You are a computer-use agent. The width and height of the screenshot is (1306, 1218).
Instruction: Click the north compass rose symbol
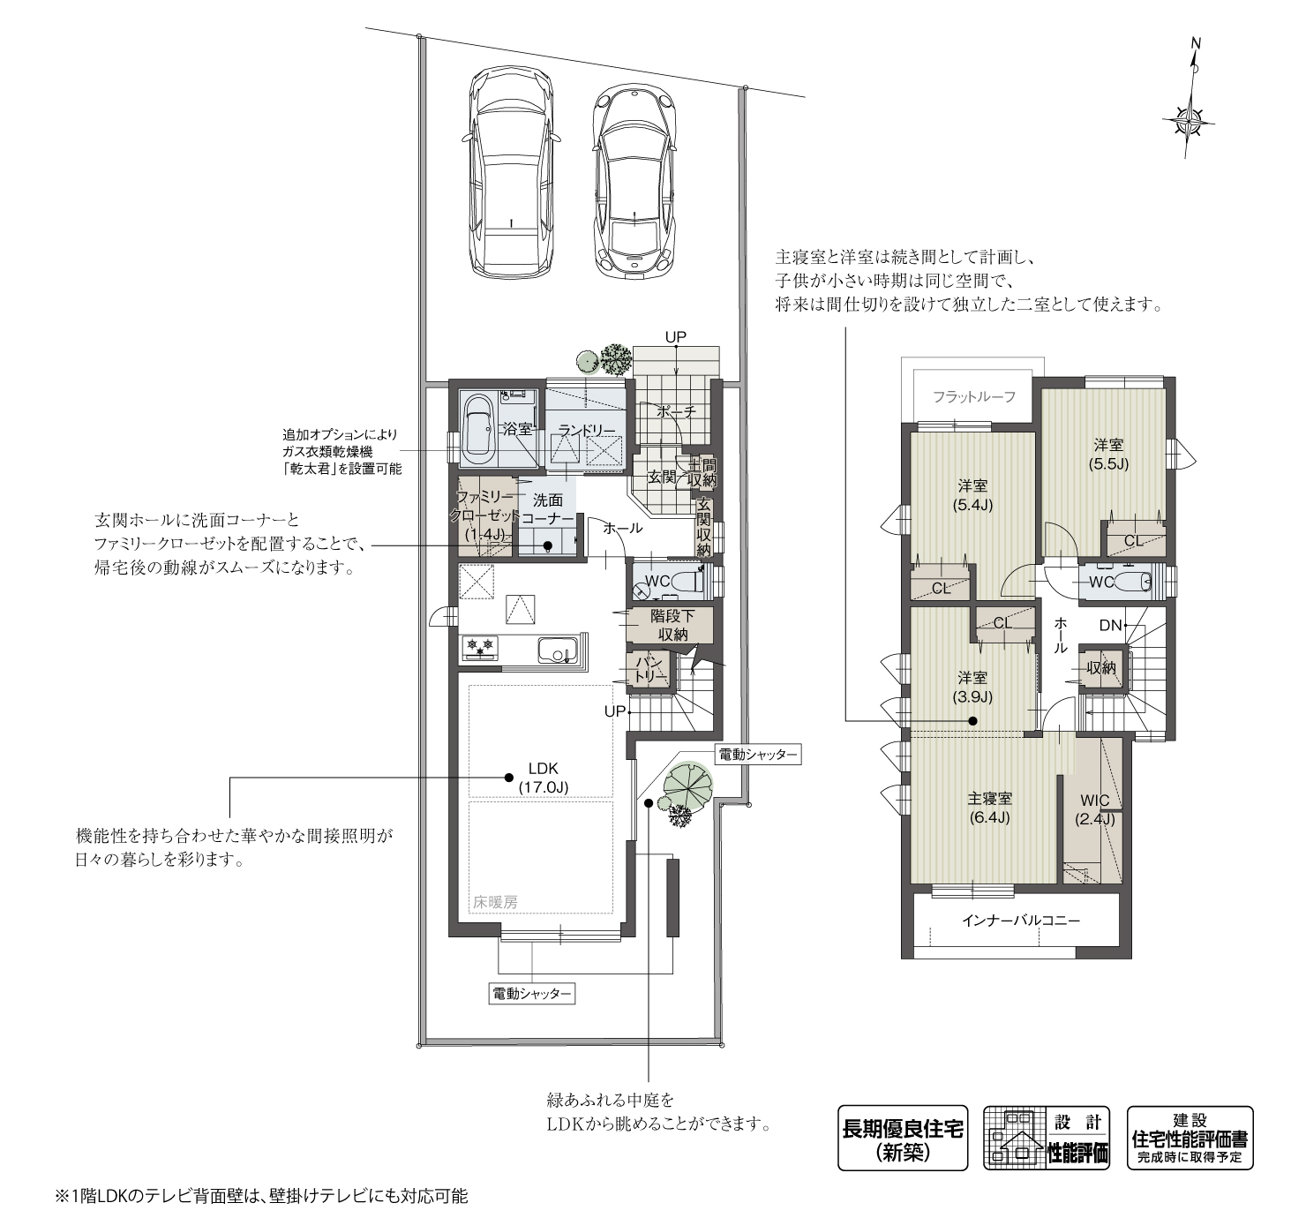[x=1194, y=120]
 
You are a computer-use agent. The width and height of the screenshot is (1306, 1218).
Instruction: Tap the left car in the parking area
[x=511, y=174]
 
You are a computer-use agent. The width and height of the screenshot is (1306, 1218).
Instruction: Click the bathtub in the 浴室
[x=479, y=430]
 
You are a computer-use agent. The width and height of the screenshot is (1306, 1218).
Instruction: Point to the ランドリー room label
[x=586, y=430]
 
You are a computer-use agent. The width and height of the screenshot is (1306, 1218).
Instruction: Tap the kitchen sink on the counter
[x=558, y=650]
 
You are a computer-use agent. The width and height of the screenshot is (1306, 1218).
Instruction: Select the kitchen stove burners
[x=482, y=647]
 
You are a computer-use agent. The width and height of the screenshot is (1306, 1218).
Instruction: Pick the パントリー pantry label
[x=650, y=669]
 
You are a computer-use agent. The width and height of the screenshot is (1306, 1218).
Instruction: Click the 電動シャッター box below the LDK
[x=530, y=994]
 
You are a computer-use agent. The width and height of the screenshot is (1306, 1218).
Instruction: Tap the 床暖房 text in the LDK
[x=494, y=902]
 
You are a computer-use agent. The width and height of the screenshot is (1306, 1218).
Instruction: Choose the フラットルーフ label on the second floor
[x=974, y=397]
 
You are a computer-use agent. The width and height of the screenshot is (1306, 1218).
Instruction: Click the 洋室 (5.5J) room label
[x=1109, y=455]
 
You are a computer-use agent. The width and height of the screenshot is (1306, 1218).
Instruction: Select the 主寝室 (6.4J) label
[x=989, y=808]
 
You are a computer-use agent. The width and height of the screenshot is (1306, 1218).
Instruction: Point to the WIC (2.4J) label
[x=1094, y=809]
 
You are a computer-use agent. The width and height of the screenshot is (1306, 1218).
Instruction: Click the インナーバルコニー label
[x=1020, y=921]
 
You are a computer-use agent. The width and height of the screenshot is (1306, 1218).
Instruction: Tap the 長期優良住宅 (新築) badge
[x=902, y=1138]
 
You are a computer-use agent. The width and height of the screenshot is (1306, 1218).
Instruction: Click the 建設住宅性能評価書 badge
[x=1190, y=1138]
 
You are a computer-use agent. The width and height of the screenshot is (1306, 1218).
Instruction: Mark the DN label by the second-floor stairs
[x=1109, y=626]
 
